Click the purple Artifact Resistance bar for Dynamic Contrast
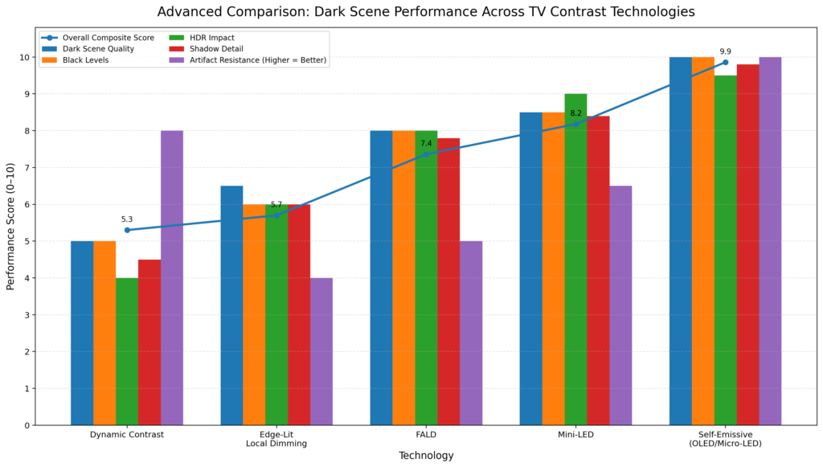click(x=172, y=277)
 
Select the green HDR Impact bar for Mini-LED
click(x=575, y=259)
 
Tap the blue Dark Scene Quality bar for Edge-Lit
click(x=231, y=305)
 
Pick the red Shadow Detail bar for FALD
click(x=448, y=281)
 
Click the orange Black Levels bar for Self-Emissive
click(x=702, y=241)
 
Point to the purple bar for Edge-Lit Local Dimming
click(x=321, y=351)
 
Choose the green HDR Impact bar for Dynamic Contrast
click(x=127, y=351)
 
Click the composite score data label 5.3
click(x=127, y=219)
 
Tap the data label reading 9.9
click(x=725, y=51)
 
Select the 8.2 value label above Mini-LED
click(x=575, y=113)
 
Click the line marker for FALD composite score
click(x=426, y=154)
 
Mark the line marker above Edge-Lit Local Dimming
click(x=276, y=215)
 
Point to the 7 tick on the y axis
click(x=25, y=168)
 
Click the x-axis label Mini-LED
click(x=575, y=435)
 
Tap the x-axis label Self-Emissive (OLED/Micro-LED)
click(x=725, y=439)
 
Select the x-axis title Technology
click(x=426, y=456)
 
